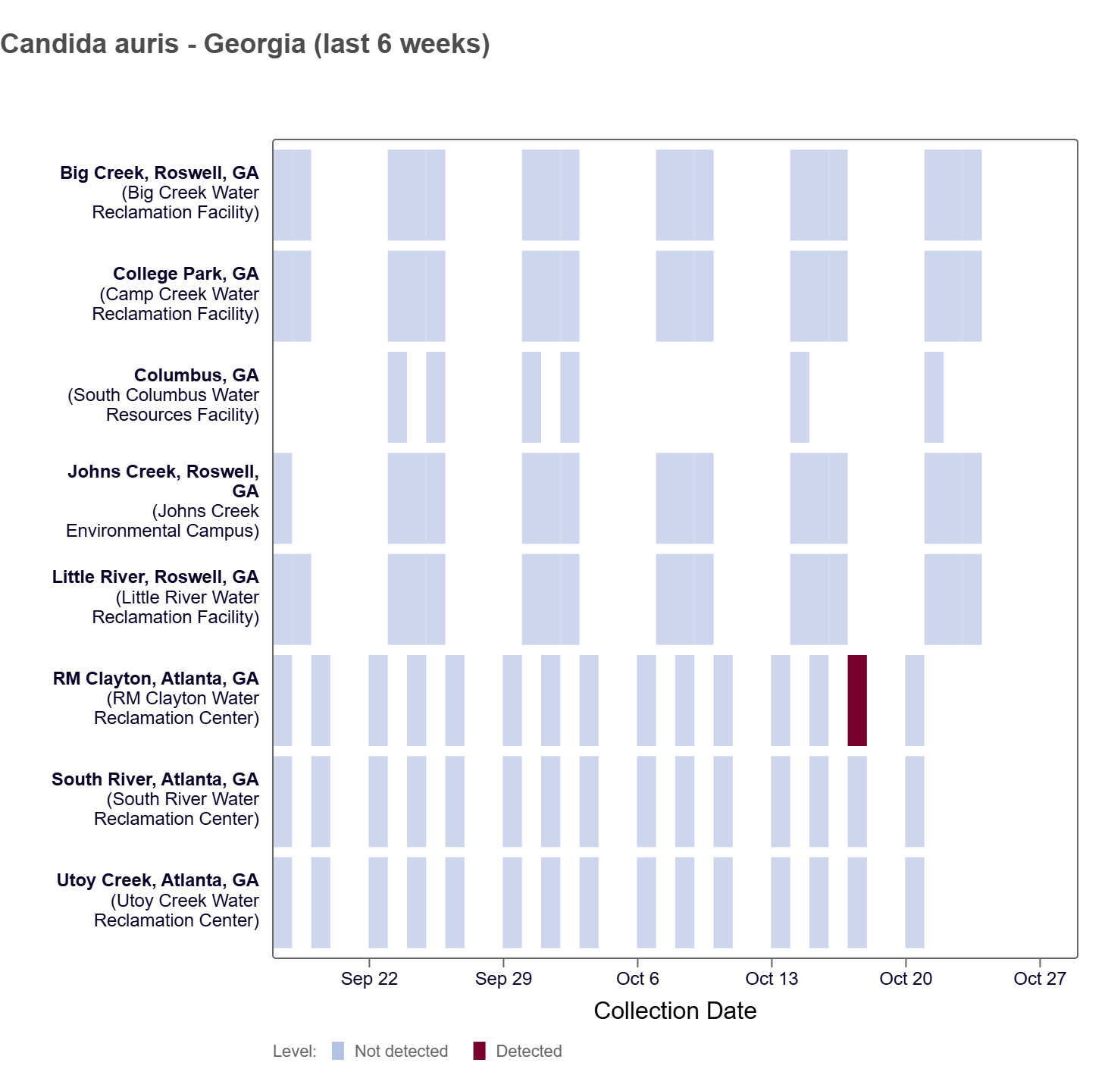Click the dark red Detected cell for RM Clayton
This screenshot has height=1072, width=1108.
pyautogui.click(x=856, y=700)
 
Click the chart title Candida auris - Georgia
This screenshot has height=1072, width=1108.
pyautogui.click(x=245, y=44)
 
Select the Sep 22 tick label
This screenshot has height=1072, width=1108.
pyautogui.click(x=369, y=979)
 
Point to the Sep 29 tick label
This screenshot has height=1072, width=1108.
pyautogui.click(x=503, y=979)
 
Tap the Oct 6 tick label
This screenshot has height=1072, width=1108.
pyautogui.click(x=637, y=979)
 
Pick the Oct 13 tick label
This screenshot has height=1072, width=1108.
pyautogui.click(x=772, y=979)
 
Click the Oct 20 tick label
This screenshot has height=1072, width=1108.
pyautogui.click(x=906, y=979)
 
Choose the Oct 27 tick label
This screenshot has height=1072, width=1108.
pyautogui.click(x=1039, y=979)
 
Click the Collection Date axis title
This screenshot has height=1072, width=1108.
pyautogui.click(x=675, y=1011)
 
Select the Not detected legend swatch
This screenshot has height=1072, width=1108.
pyautogui.click(x=338, y=1051)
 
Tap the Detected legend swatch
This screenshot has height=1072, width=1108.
pyautogui.click(x=479, y=1051)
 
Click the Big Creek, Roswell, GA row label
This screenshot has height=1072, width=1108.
pyautogui.click(x=159, y=173)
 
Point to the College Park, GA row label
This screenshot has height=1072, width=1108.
pyautogui.click(x=186, y=274)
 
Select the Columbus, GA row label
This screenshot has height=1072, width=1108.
pyautogui.click(x=196, y=375)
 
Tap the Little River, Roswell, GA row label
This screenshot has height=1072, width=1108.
pyautogui.click(x=155, y=577)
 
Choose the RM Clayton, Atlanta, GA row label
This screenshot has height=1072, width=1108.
pyautogui.click(x=155, y=679)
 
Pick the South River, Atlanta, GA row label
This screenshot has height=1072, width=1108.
pyautogui.click(x=155, y=779)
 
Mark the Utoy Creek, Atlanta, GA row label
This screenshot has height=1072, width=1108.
pyautogui.click(x=158, y=880)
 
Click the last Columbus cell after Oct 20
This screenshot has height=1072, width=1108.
pyautogui.click(x=934, y=397)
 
